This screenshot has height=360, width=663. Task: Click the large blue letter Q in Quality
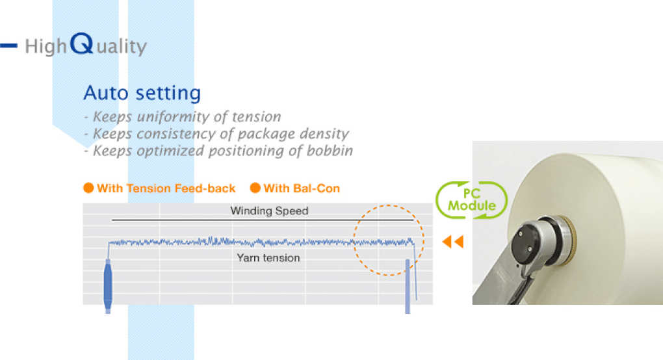(81, 44)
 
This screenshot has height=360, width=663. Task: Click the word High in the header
(45, 47)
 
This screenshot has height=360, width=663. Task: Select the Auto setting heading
(142, 93)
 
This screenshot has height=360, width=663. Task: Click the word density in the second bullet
(324, 134)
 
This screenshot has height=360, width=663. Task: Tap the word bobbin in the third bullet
(330, 150)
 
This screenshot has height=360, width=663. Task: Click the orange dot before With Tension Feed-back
(88, 188)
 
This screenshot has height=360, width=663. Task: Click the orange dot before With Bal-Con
(255, 188)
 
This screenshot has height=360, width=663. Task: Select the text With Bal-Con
(302, 188)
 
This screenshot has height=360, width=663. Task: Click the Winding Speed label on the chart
(269, 211)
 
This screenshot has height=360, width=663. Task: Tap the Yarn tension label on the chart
(268, 258)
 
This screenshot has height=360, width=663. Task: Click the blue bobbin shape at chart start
(108, 286)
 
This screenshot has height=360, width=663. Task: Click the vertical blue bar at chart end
(408, 286)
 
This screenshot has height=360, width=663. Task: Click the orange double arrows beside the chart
(453, 242)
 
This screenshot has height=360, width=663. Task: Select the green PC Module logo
(471, 200)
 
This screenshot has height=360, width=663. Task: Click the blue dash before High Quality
(8, 45)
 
